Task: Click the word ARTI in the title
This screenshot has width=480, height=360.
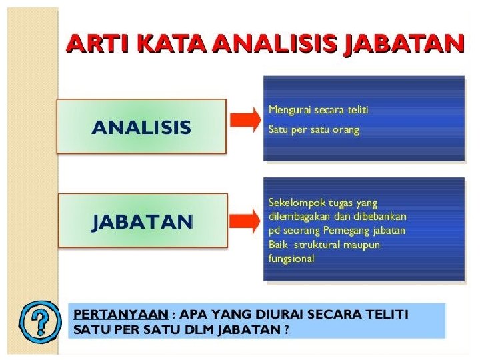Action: point(97,44)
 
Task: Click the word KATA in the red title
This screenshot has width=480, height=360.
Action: point(172,44)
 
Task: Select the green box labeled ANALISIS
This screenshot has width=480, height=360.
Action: point(141,126)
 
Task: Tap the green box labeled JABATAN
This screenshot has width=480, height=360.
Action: point(143,221)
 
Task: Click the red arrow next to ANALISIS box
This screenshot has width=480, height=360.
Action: point(245,120)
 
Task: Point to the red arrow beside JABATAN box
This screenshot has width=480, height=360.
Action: point(245,221)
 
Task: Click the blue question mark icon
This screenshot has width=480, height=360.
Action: point(40,321)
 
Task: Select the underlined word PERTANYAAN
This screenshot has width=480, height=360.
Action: point(121,315)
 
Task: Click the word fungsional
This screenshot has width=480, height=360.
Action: point(291,259)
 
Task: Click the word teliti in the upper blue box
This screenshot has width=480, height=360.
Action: point(358,109)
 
